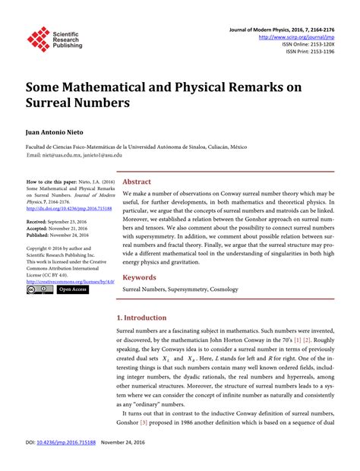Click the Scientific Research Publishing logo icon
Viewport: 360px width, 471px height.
(37, 41)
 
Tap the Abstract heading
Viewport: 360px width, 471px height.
(137, 182)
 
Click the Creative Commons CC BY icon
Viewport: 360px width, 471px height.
(39, 289)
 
